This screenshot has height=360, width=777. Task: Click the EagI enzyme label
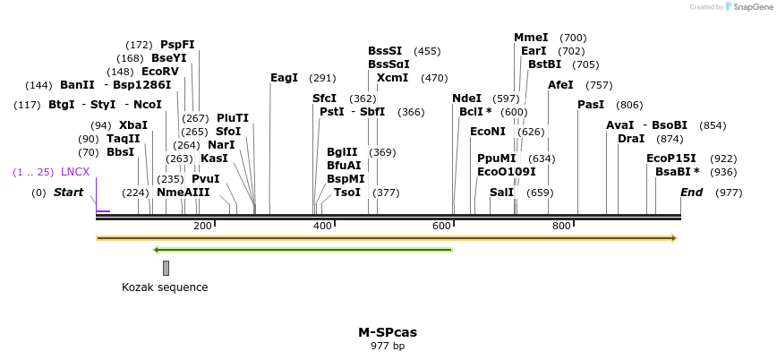[284, 78]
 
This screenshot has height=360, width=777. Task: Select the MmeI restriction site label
[531, 38]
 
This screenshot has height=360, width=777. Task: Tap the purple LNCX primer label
[75, 171]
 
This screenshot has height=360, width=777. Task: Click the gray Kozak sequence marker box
[166, 267]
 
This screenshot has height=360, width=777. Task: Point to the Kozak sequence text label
[165, 287]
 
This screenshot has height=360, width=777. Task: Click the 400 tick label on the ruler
[322, 226]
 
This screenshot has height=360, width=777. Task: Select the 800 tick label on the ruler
[561, 226]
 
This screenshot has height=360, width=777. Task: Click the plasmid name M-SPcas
[388, 332]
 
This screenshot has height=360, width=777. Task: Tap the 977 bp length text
[388, 346]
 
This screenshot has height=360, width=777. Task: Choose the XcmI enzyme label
[392, 78]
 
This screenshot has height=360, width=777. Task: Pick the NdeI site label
[466, 99]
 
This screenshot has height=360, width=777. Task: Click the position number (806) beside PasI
[629, 105]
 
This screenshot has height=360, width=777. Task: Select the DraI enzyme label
[631, 139]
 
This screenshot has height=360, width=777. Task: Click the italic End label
[691, 193]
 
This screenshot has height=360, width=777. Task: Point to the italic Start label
[68, 193]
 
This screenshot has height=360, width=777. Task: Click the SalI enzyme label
[502, 193]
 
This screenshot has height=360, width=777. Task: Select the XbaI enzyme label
[133, 125]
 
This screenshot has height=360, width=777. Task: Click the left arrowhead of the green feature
[157, 250]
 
